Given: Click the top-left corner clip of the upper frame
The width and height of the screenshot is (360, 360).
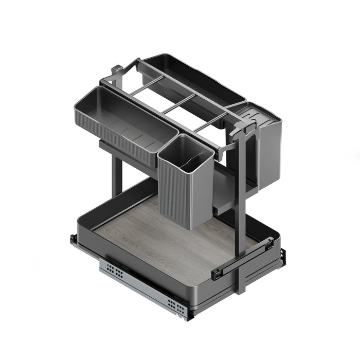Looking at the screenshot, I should [117, 69].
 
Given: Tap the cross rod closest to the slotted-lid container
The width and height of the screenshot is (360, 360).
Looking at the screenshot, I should [211, 121].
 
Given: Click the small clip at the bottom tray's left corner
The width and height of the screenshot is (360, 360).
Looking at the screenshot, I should [74, 240].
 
